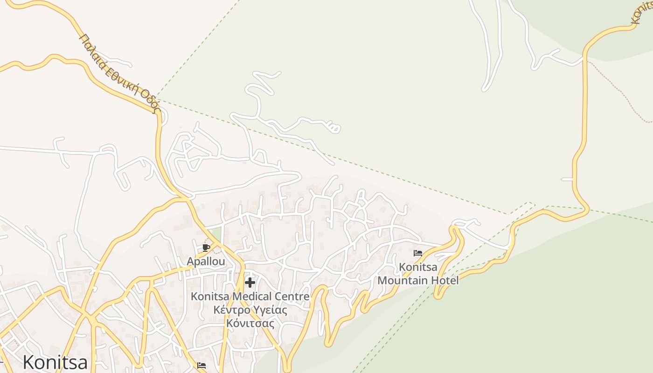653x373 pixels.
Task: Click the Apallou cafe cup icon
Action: click(206, 248)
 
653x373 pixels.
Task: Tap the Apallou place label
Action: click(206, 262)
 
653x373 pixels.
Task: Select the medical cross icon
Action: click(250, 282)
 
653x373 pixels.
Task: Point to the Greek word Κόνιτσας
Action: click(250, 323)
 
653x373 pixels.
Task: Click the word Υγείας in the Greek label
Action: click(271, 310)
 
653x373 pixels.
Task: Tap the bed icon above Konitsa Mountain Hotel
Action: click(418, 253)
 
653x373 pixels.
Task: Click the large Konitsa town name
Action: click(55, 362)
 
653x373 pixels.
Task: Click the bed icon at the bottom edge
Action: click(201, 366)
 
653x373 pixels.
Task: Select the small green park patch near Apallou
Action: click(215, 234)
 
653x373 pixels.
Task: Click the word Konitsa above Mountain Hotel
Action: click(418, 267)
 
